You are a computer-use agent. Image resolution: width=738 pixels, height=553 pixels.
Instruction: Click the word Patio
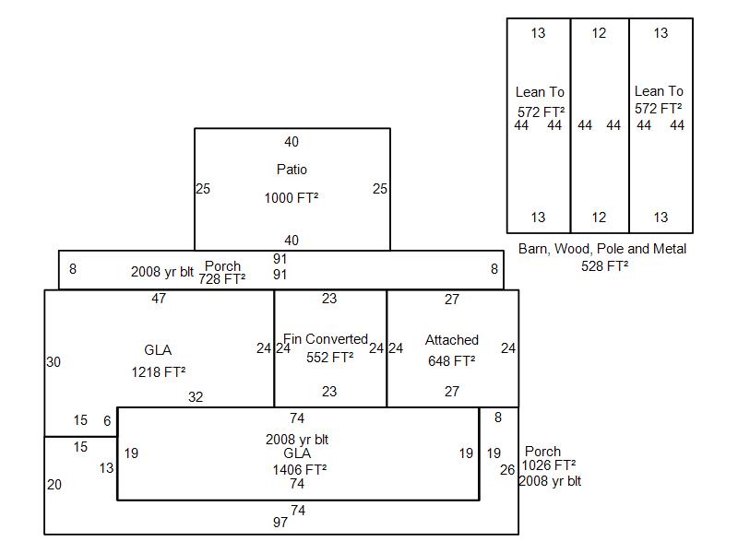coord(292,170)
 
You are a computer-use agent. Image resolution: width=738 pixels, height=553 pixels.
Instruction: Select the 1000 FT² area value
coord(292,198)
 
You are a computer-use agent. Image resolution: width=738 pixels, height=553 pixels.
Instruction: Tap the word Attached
coord(451,340)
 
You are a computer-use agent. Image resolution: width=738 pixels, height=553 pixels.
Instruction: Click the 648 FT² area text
coord(451,361)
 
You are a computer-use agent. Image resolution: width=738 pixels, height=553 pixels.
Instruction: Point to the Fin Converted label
coord(326,339)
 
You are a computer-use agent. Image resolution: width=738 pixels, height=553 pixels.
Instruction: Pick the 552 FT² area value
coord(329,358)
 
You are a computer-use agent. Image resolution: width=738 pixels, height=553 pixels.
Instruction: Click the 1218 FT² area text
coord(159,372)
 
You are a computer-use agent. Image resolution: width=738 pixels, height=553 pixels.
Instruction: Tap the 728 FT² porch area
coord(221,278)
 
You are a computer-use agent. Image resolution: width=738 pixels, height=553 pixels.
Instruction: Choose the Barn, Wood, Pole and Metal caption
coord(602,249)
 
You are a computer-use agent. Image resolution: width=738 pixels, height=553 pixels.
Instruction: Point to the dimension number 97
coord(280,523)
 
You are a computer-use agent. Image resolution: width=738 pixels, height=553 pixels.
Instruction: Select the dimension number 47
coord(159,299)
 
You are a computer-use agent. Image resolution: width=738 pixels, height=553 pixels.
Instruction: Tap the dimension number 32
coord(196,397)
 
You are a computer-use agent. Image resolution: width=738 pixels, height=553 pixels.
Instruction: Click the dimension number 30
coord(54,362)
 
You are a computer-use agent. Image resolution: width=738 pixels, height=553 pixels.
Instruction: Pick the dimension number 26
coord(507,470)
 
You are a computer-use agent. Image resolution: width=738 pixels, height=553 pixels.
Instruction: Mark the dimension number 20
coord(54,484)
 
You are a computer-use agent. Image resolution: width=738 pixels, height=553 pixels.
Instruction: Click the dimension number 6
coord(107,420)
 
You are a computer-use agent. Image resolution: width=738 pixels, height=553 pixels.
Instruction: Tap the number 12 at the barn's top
coord(600,33)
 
